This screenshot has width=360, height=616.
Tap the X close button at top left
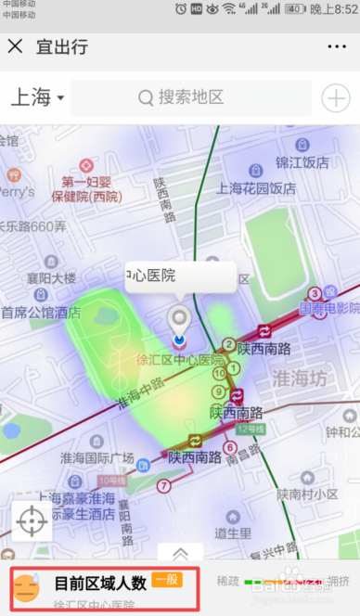[x=15, y=46]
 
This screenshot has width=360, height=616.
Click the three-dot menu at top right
[x=336, y=46]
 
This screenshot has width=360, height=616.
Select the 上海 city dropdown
[x=37, y=97]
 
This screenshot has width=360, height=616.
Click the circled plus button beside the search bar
[x=334, y=97]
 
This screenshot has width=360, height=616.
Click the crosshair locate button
[x=32, y=522]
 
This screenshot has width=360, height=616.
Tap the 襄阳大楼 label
[x=50, y=278]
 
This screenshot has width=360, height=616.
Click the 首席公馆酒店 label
[x=41, y=313]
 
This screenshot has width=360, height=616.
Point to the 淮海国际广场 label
[x=96, y=457]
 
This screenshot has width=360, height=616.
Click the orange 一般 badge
[x=168, y=580]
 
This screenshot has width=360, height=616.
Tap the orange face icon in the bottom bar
[x=28, y=589]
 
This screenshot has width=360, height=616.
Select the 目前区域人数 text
[x=100, y=584]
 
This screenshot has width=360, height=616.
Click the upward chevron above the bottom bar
[x=180, y=554]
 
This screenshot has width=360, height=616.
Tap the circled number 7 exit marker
[x=163, y=485]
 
